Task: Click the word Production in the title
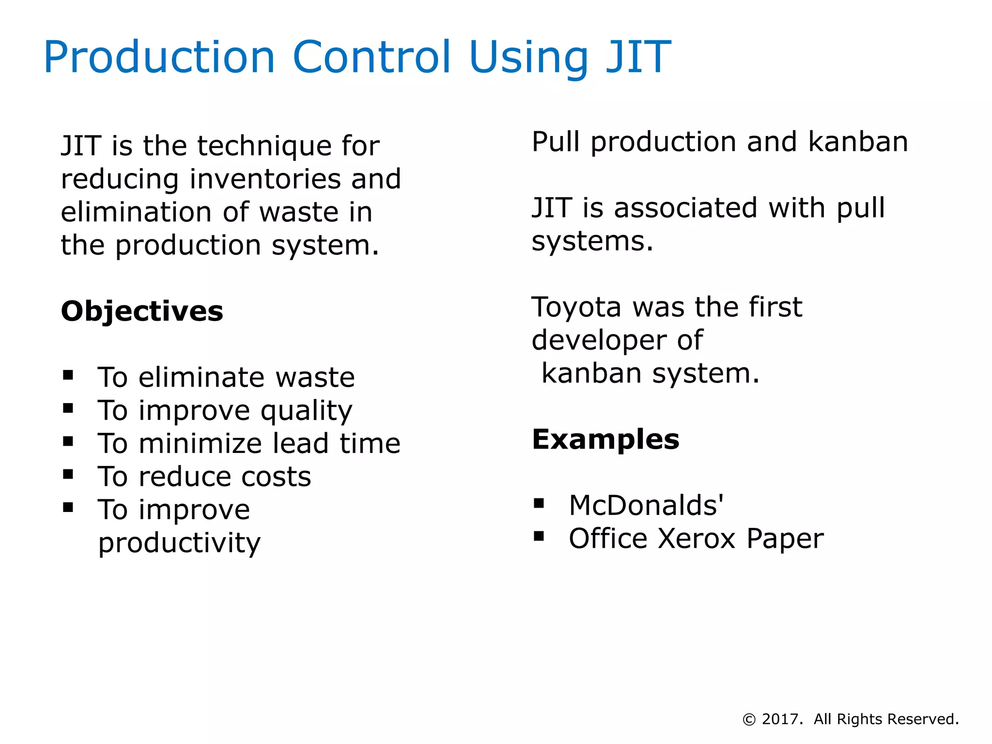tap(159, 58)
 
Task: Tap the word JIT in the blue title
tap(638, 58)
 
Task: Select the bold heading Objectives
tap(142, 311)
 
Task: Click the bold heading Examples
tap(605, 440)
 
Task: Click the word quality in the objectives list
tap(307, 412)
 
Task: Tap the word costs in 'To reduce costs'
tap(276, 477)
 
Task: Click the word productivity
tap(179, 543)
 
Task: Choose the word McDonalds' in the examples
tap(646, 506)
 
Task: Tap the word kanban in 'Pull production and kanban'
tap(858, 142)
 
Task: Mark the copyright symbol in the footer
tap(749, 720)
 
